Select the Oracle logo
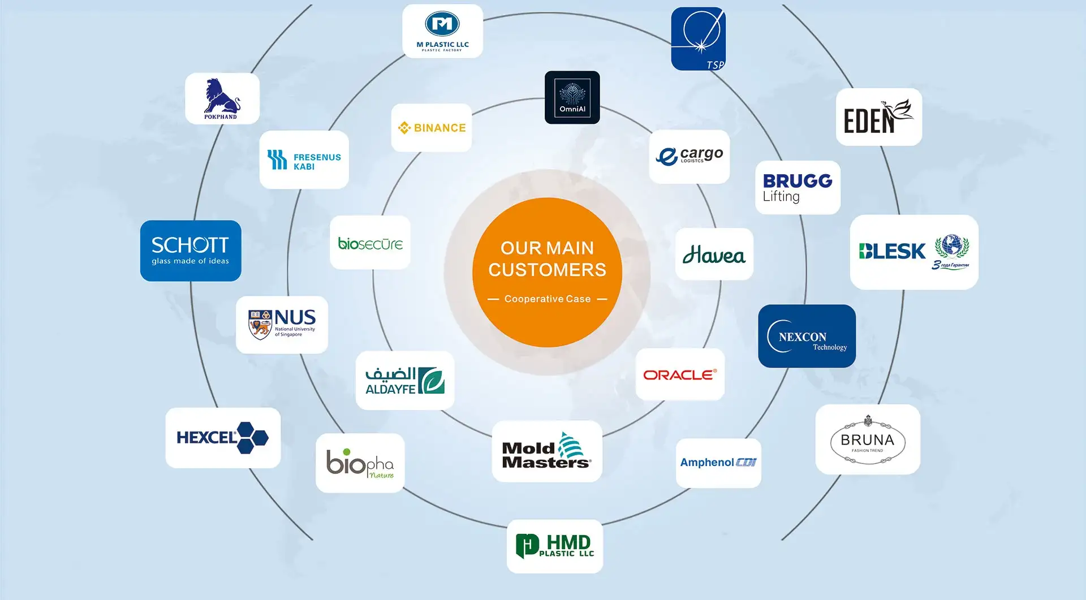[x=680, y=374]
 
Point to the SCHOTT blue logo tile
[x=191, y=251]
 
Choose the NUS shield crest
[x=260, y=325]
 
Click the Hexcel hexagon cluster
[x=252, y=437]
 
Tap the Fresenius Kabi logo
[x=304, y=160]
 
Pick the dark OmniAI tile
[x=572, y=97]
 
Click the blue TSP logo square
[x=698, y=38]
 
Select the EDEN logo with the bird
[x=878, y=117]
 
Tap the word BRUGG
[x=798, y=181]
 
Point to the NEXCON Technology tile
[x=807, y=336]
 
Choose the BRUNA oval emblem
[x=868, y=441]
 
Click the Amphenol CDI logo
[x=718, y=463]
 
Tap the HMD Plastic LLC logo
[x=555, y=546]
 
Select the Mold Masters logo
[x=546, y=451]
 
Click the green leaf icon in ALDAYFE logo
[x=432, y=381]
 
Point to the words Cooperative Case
[x=547, y=299]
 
